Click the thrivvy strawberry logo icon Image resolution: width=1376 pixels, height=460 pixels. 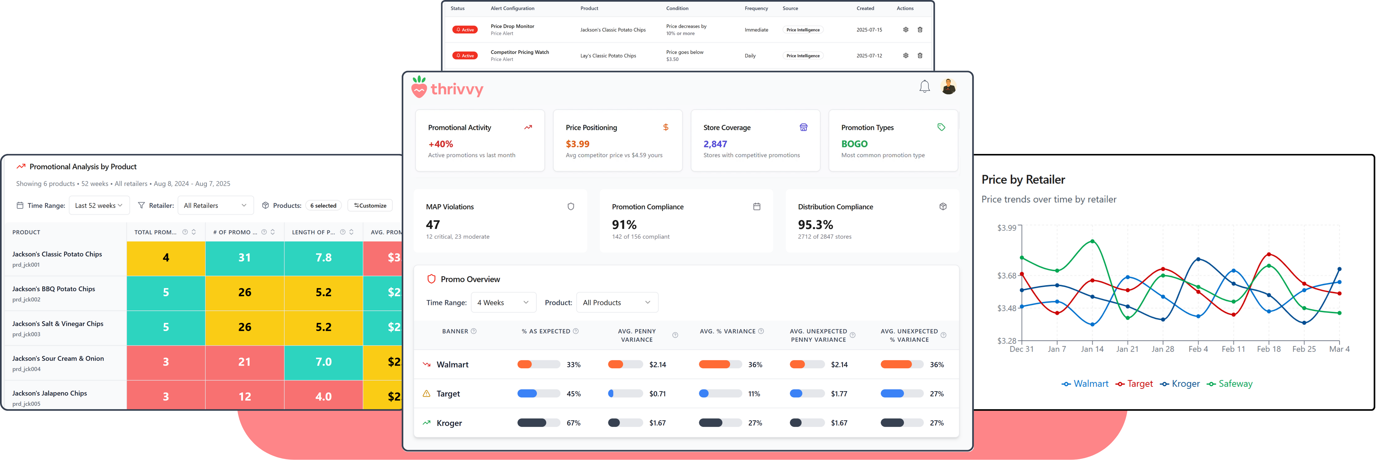click(419, 87)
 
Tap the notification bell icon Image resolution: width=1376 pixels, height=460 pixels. click(924, 86)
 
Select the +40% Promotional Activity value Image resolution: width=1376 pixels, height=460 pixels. click(441, 144)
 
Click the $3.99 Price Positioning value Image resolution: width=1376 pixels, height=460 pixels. click(577, 144)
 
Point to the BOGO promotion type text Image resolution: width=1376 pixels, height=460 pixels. click(854, 144)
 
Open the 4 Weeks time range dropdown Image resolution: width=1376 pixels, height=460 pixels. click(503, 302)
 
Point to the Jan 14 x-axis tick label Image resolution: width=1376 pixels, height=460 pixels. click(1092, 349)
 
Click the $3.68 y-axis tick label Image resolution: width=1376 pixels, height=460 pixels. click(1006, 276)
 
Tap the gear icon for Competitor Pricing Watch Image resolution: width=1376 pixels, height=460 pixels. click(905, 55)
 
